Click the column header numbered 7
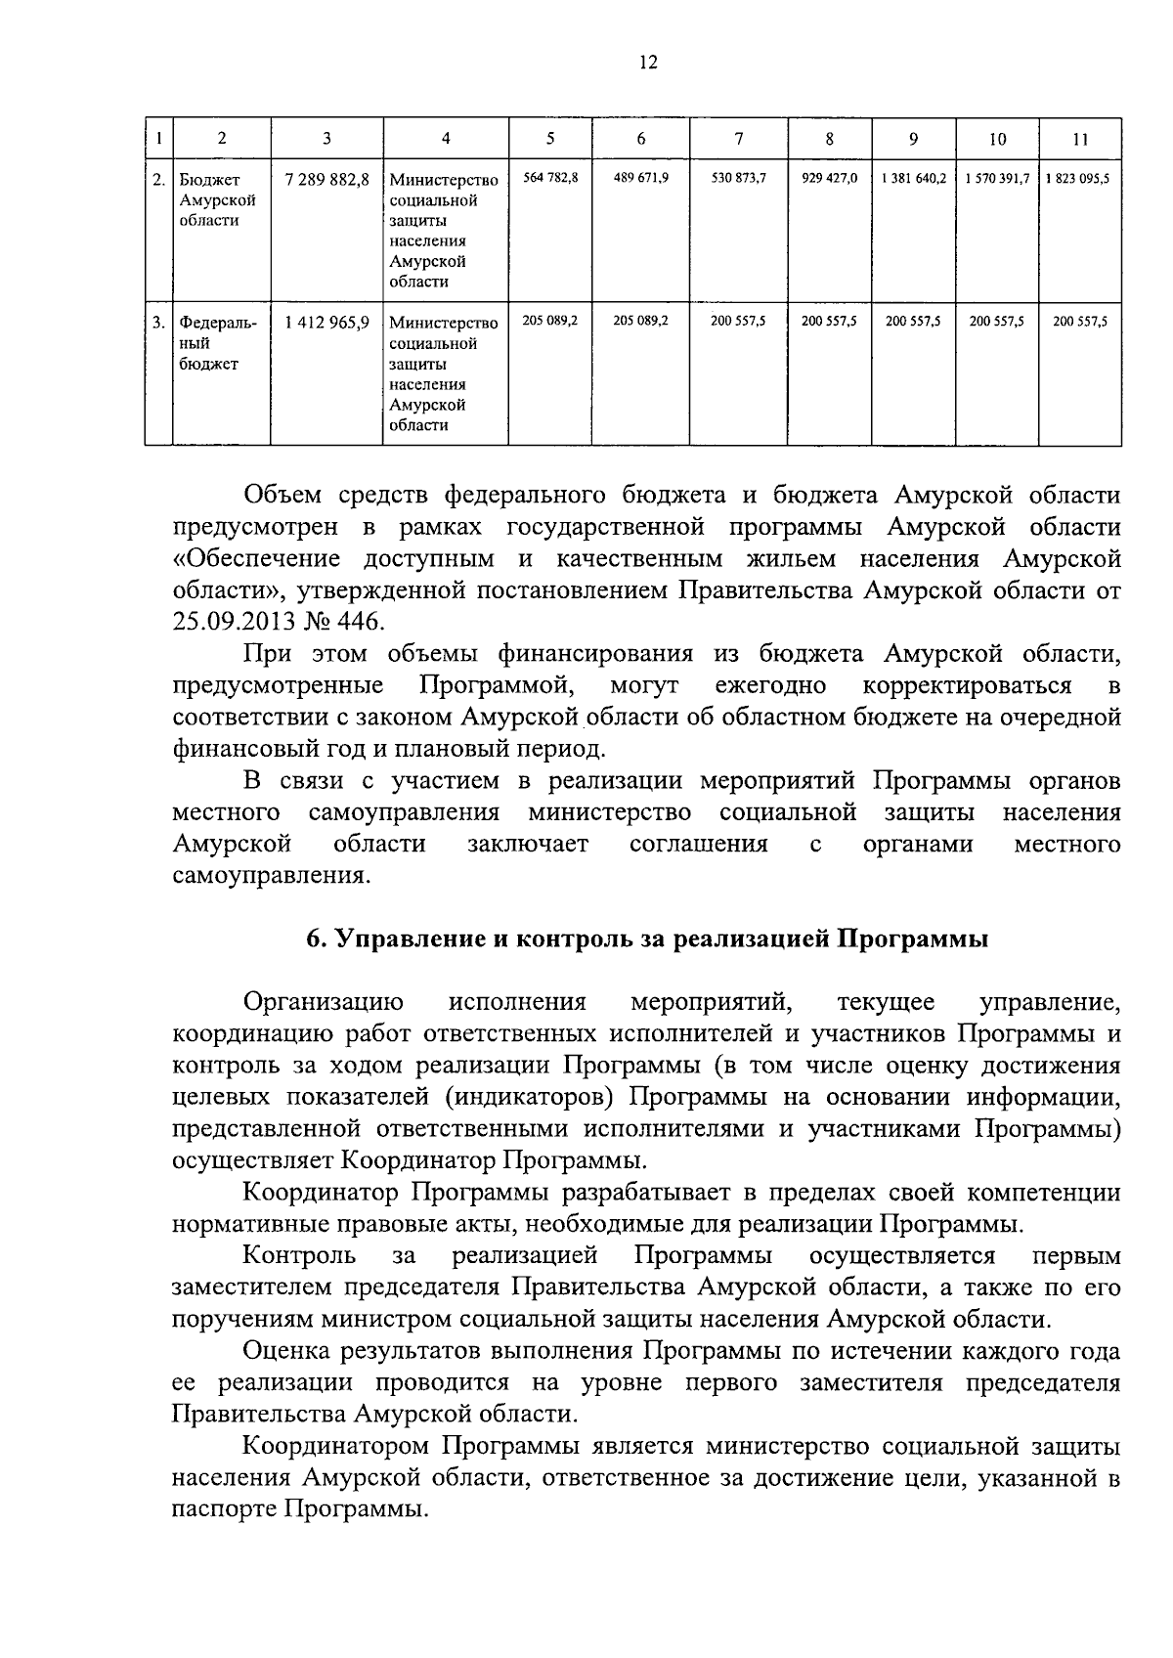(738, 139)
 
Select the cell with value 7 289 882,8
(326, 180)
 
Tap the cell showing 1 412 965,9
(326, 323)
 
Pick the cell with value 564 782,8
(550, 179)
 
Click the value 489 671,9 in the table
(640, 179)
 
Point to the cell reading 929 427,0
(829, 179)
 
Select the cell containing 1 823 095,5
(1079, 179)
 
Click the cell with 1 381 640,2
(912, 179)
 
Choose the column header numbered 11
(1079, 139)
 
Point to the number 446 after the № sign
(363, 622)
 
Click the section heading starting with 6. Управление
(647, 939)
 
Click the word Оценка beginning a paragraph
(282, 1351)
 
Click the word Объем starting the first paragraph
(283, 496)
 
